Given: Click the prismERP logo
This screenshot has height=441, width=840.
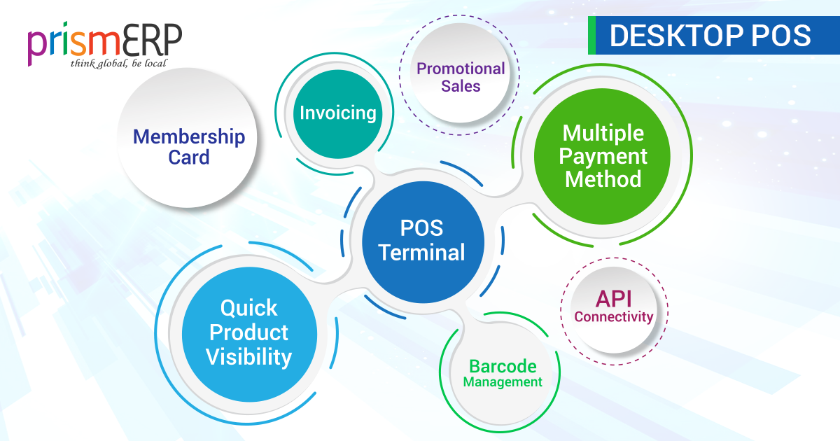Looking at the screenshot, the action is [x=104, y=45].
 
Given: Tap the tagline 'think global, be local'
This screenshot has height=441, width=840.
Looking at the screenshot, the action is [x=118, y=64].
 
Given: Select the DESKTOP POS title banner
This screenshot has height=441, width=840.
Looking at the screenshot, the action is [x=714, y=35].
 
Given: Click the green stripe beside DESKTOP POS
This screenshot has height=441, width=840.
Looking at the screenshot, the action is [x=591, y=35].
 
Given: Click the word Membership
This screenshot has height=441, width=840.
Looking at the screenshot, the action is [x=189, y=136].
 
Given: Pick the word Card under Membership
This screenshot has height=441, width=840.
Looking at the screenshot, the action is [x=188, y=157].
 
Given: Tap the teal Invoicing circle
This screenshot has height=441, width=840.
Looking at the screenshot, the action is [x=338, y=114].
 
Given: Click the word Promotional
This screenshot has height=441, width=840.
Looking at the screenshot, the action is [x=461, y=69].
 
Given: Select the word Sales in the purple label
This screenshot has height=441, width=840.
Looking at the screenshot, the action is [x=461, y=86].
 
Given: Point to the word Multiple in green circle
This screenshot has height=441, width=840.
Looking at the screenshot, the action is [x=603, y=133].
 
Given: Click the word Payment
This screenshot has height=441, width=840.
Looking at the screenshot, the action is [x=603, y=156].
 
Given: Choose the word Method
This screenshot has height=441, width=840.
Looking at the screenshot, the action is [x=603, y=179].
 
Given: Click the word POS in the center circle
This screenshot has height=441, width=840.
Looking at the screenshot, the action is [x=421, y=228].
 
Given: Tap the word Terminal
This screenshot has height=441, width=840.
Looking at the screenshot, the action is [x=422, y=252].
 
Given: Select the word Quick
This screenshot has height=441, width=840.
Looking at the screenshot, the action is [x=249, y=308].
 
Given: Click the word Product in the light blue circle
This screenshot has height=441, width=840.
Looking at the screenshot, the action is [x=249, y=332].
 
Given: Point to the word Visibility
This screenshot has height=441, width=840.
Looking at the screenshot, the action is [x=249, y=356].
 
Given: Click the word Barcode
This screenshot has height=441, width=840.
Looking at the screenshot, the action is [x=503, y=366].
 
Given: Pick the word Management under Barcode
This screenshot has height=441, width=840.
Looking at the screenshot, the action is [x=503, y=382].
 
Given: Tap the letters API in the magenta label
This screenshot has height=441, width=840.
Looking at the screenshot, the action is [x=613, y=299].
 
